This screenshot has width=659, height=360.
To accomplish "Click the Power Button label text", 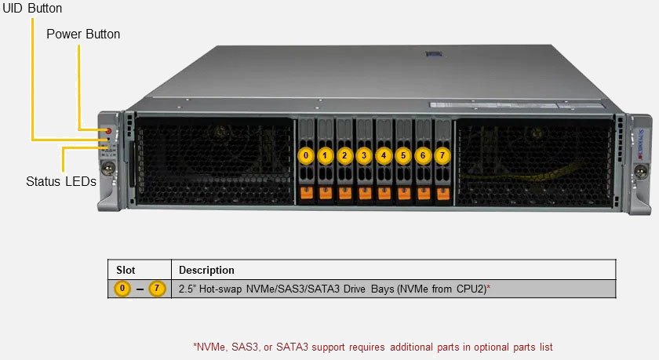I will coord(83,35).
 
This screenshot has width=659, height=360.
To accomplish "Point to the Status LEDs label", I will coord(61,182).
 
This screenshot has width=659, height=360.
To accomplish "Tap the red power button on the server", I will coord(108,129).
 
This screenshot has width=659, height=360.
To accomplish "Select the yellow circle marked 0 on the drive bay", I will coord(306,155).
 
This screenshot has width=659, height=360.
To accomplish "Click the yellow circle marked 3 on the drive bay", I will coord(364,155).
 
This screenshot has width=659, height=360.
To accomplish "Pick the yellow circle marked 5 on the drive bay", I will coord(403,155).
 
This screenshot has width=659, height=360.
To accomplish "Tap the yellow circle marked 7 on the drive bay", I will coord(442,155).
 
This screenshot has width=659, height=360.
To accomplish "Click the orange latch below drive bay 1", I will coord(326,191).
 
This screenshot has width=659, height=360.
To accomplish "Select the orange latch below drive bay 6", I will coord(424,191).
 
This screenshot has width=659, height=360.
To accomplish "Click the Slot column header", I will coord(126,270).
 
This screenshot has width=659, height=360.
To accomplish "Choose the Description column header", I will coord(206,270).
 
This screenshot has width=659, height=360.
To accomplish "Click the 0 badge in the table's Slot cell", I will coord(122,289).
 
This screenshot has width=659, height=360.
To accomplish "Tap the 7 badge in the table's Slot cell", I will coord(157,289).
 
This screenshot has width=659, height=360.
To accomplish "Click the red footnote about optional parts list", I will coord(377,346).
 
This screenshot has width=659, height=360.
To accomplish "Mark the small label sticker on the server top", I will coord(430,55).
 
